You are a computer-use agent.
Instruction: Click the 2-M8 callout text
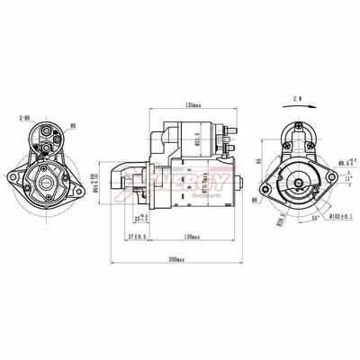coord(22,118)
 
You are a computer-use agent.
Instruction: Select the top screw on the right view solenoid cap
coord(294,125)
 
